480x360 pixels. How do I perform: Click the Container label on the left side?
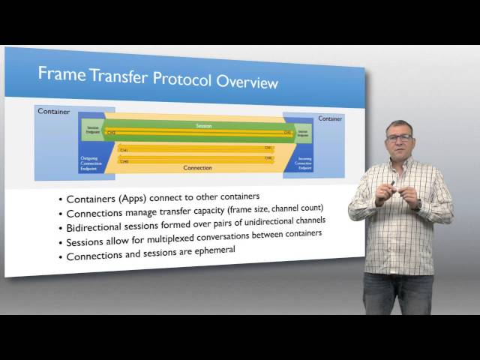53,112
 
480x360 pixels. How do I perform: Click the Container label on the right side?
330,118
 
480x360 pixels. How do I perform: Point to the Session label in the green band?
199,126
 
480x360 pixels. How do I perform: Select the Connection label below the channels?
198,167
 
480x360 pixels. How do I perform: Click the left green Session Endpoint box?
93,130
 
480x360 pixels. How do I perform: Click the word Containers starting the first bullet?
94,199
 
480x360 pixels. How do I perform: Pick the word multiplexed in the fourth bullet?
212,236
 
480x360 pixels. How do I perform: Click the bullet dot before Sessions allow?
60,243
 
